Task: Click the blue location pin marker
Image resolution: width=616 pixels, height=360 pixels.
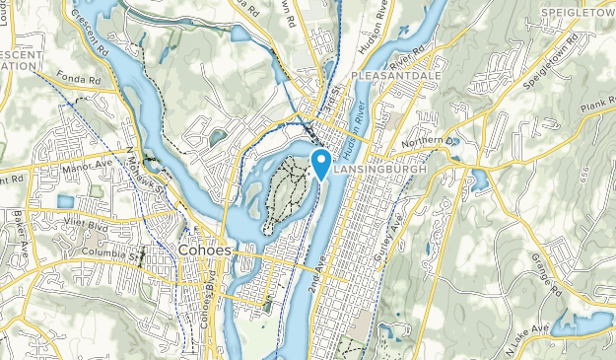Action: [320, 162]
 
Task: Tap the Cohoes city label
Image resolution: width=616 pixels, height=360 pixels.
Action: [205, 251]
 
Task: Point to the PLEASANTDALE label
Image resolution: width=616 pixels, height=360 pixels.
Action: [390, 74]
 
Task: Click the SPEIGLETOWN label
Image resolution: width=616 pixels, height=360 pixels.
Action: [578, 12]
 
